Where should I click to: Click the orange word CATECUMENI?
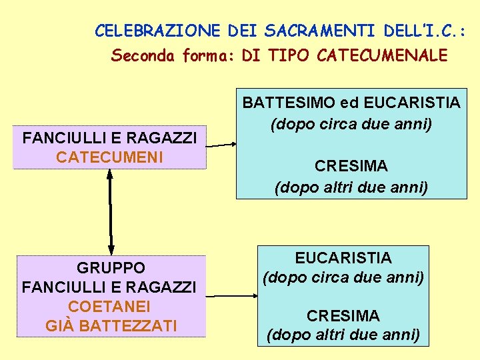coord(109,157)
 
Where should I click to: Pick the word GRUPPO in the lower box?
coord(111,268)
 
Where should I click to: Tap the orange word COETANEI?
coord(109,307)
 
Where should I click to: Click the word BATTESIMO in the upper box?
coord(288,103)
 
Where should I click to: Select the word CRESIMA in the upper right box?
coord(351,165)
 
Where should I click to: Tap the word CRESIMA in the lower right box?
coord(343,315)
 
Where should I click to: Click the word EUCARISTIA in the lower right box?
coord(343,258)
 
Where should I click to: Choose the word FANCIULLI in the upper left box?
coord(56,139)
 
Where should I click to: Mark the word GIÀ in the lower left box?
coord(57,326)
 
